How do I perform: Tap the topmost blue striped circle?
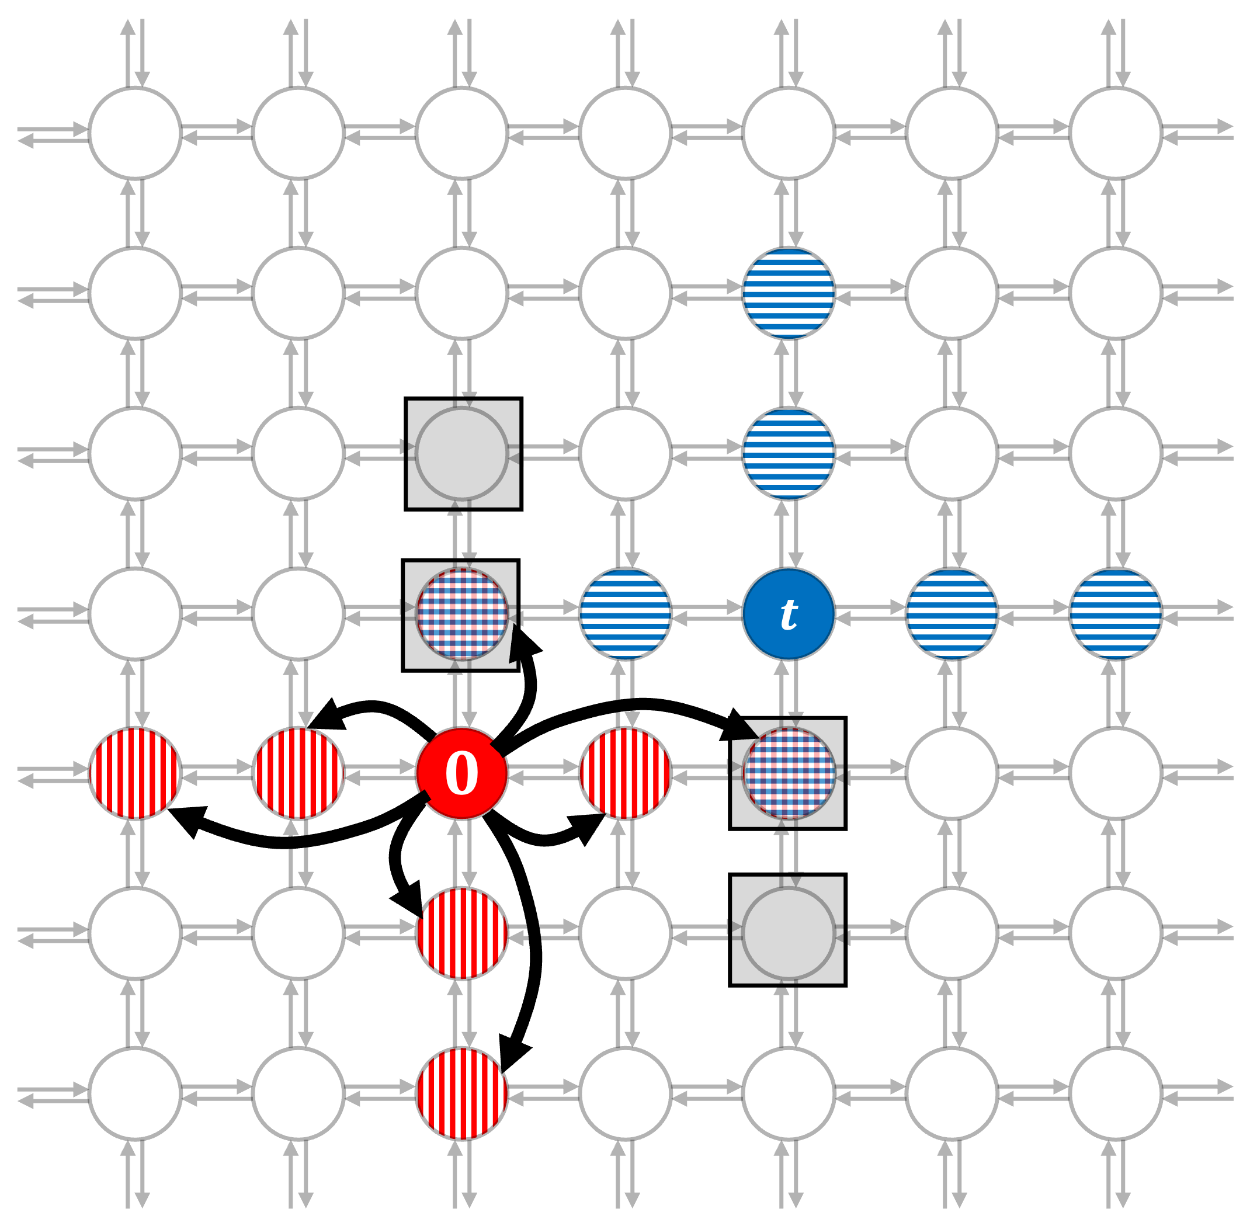coord(788,293)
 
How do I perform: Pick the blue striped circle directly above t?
coord(788,453)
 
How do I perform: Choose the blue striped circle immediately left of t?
coord(626,614)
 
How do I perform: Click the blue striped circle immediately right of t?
coord(952,614)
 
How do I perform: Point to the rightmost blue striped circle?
coord(1116,614)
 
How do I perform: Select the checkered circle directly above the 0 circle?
coord(462,614)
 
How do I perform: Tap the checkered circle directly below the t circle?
coord(788,773)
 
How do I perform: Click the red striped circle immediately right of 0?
coord(626,773)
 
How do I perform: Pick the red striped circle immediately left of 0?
coord(298,773)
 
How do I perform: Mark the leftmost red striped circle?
coord(136,773)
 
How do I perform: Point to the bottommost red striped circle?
coord(462,1093)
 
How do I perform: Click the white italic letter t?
coord(788,614)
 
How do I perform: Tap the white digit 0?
coord(462,773)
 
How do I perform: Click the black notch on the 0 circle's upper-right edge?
coord(496,749)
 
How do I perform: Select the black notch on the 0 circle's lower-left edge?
coord(426,797)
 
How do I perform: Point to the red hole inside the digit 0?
coord(462,773)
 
